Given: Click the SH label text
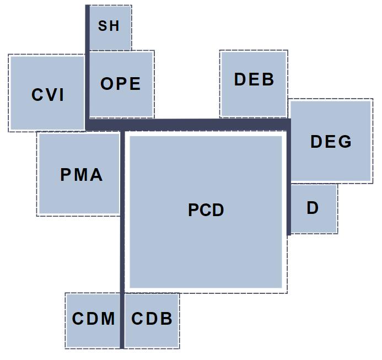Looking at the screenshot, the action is pyautogui.click(x=109, y=26).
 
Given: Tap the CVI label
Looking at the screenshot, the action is pyautogui.click(x=48, y=95).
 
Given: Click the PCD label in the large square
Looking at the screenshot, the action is pyautogui.click(x=206, y=210).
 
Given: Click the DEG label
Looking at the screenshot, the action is pyautogui.click(x=331, y=142).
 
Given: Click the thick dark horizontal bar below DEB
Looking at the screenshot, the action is pyautogui.click(x=220, y=124).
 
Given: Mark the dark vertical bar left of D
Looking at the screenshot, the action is pyautogui.click(x=289, y=209).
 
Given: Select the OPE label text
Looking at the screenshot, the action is pyautogui.click(x=121, y=84).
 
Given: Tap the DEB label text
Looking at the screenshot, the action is pyautogui.click(x=254, y=79).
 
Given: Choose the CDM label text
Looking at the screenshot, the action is pyautogui.click(x=93, y=319).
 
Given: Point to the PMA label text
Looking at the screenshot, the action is pyautogui.click(x=81, y=175).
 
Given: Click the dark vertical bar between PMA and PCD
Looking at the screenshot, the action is pyautogui.click(x=122, y=221).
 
